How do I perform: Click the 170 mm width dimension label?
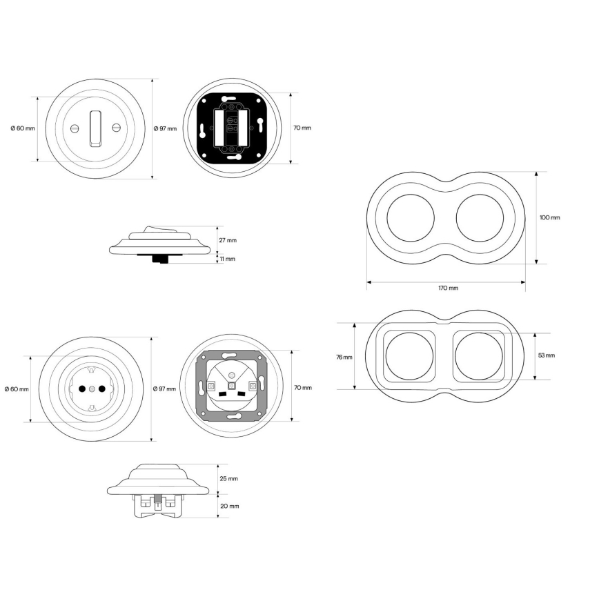pos(448,288)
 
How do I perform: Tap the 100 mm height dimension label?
pos(550,217)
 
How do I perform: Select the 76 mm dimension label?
pos(344,357)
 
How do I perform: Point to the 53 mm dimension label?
pos(547,355)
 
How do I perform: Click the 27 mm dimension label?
pos(228,240)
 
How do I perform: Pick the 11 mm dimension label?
pos(227,259)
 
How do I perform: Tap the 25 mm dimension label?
pos(228,479)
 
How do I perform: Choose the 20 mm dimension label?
pos(229,506)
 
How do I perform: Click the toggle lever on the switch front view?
pos(95,129)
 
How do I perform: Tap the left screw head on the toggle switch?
pos(75,128)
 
